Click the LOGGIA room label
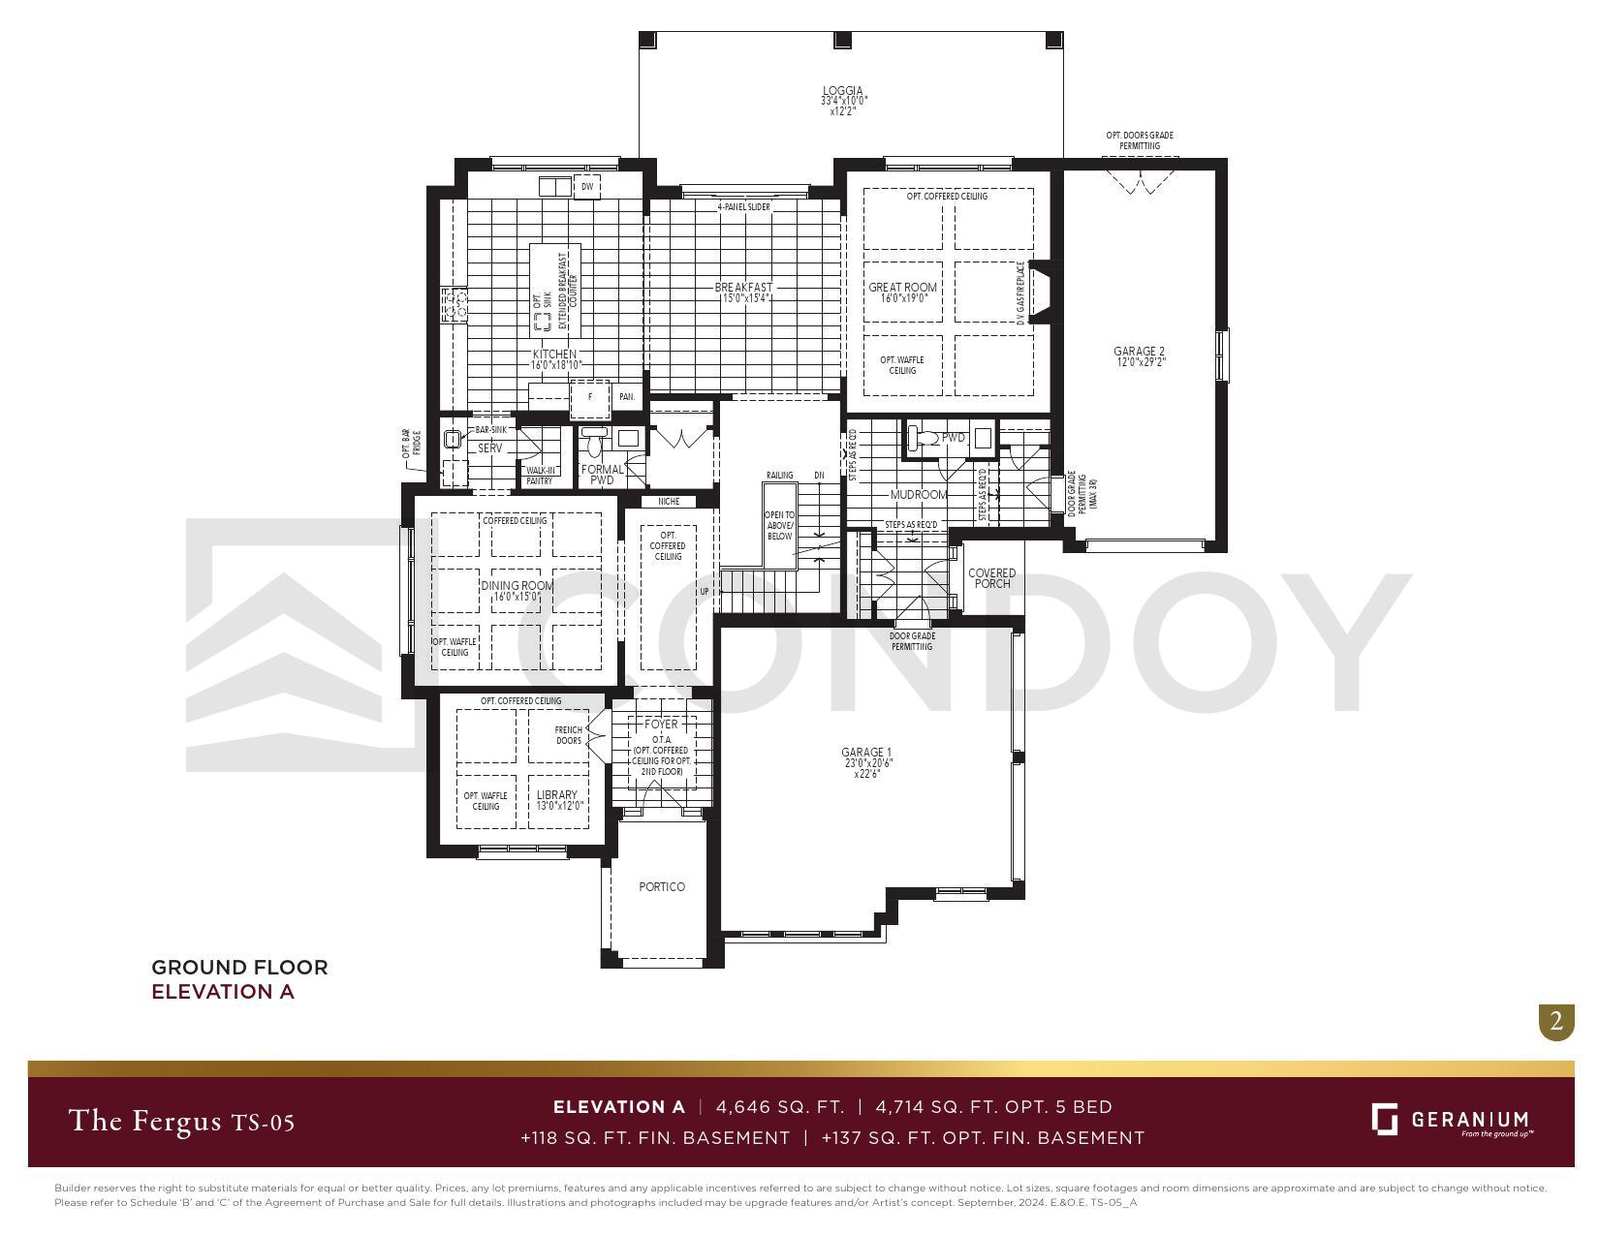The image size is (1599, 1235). point(842,92)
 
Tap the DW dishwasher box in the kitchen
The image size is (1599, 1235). point(586,187)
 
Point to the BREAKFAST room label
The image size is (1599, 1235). point(743,288)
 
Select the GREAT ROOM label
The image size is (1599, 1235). point(902,288)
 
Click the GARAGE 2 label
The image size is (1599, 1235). point(1139,352)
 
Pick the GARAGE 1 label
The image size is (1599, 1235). point(866,753)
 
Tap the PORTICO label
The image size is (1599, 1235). point(662,887)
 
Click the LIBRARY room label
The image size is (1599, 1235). point(557,795)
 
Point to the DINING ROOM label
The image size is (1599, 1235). point(517,586)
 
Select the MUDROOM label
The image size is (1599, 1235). point(919,495)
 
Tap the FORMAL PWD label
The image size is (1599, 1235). point(603,475)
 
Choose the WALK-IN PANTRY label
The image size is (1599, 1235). point(540,476)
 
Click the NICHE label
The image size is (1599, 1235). point(669,502)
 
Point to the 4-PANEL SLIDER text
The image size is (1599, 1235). point(743,207)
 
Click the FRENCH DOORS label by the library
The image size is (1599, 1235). point(569,735)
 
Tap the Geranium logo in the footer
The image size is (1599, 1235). point(1450,1121)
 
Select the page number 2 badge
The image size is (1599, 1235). point(1556,1021)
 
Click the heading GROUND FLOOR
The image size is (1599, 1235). point(239,967)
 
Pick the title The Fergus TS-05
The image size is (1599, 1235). point(181,1122)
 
